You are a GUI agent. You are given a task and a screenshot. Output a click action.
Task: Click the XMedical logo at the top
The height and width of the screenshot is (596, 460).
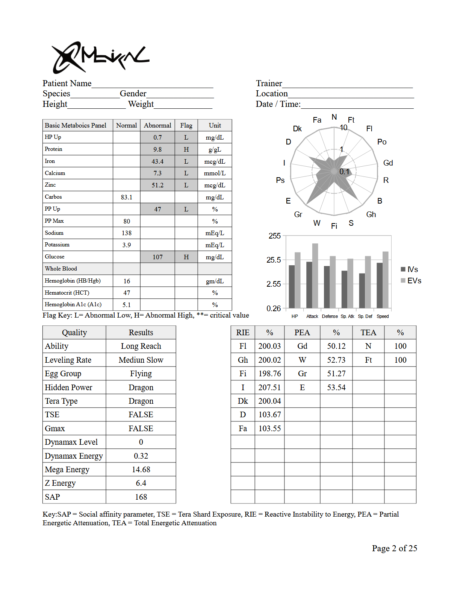click(100, 58)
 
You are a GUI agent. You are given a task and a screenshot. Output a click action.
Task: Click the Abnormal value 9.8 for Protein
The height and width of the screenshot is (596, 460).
click(157, 149)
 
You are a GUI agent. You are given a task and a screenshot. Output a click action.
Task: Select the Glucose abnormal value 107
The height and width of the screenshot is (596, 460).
click(157, 257)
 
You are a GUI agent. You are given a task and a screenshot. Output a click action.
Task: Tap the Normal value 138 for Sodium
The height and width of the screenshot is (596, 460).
click(127, 233)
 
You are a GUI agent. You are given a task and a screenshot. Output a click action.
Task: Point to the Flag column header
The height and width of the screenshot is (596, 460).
click(186, 125)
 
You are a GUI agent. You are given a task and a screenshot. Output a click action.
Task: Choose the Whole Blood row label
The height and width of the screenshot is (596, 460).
click(61, 269)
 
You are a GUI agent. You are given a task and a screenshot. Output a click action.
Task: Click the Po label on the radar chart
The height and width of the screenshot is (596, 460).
click(382, 142)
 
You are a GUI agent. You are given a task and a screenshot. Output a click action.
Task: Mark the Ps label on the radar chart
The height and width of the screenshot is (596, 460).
click(280, 180)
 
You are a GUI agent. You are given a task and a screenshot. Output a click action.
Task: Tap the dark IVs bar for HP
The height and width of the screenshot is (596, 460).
click(292, 287)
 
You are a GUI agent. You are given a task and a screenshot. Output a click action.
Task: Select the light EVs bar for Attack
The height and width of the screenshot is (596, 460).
click(315, 276)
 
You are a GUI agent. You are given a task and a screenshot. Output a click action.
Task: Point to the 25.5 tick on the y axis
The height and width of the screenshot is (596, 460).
click(274, 260)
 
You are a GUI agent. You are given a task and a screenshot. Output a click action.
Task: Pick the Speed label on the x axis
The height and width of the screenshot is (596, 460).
click(383, 316)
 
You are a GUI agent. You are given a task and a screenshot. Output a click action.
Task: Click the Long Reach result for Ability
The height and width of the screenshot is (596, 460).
click(141, 346)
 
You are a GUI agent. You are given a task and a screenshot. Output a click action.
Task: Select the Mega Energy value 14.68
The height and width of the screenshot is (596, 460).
click(141, 470)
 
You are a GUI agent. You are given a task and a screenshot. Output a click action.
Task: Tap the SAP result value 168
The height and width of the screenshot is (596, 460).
click(141, 497)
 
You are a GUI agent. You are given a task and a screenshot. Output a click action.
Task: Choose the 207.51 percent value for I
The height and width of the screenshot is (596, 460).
click(269, 388)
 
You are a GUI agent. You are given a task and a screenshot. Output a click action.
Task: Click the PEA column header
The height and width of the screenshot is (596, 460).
click(302, 333)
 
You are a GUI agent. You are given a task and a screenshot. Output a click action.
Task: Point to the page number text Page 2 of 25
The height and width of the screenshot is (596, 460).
click(395, 548)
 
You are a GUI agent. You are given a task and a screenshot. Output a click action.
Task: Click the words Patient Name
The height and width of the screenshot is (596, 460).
click(67, 84)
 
